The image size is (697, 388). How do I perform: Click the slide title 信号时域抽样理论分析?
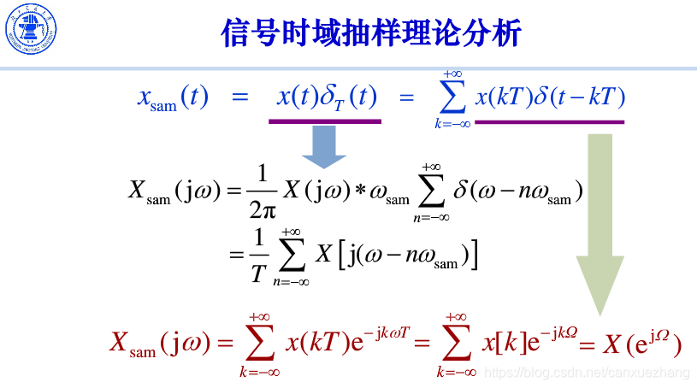pyautogui.click(x=371, y=33)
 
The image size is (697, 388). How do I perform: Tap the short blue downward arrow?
pyautogui.click(x=323, y=146)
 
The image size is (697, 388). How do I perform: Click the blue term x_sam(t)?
pyautogui.click(x=173, y=97)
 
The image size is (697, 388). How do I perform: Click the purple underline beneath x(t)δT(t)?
pyautogui.click(x=325, y=121)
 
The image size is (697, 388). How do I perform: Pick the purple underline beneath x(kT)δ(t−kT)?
pyautogui.click(x=549, y=121)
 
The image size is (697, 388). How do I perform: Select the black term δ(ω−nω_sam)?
pyautogui.click(x=517, y=191)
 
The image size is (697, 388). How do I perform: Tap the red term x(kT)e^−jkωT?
pyautogui.click(x=347, y=343)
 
